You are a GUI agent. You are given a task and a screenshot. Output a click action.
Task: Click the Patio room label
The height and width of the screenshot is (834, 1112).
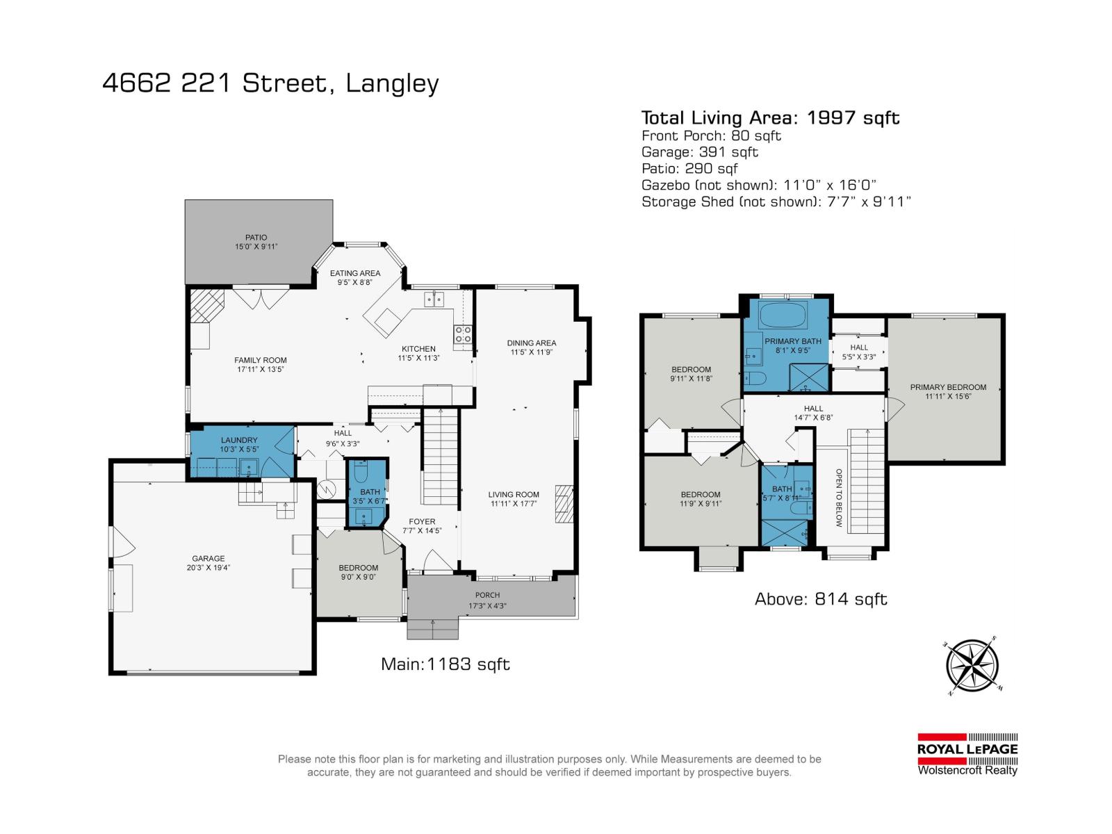[256, 238]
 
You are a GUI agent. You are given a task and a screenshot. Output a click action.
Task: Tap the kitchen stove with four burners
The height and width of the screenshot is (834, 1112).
[464, 334]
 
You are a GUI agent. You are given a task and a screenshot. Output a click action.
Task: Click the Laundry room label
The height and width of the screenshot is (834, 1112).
[239, 440]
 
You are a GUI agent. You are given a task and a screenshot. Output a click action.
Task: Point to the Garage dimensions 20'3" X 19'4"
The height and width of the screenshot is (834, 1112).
[208, 567]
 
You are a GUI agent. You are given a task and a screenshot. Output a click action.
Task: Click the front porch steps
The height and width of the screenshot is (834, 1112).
[433, 629]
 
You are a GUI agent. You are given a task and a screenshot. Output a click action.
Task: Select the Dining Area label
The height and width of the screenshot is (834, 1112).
[531, 343]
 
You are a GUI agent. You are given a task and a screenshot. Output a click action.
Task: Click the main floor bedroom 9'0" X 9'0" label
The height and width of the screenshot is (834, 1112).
[359, 568]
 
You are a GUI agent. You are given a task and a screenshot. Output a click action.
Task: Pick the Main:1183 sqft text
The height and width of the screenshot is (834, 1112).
[445, 664]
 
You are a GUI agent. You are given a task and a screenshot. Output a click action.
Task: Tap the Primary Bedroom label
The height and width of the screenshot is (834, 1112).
[948, 387]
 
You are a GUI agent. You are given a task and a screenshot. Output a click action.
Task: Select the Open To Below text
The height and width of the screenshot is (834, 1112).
[839, 498]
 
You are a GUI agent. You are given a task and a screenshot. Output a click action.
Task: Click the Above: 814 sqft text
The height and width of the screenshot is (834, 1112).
[821, 599]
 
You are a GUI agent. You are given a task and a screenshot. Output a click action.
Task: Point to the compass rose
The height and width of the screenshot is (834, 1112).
[972, 666]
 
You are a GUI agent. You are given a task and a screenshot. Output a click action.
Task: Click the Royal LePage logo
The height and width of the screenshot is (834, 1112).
[967, 754]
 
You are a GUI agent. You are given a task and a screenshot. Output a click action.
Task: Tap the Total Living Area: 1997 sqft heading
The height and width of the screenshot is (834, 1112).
[770, 117]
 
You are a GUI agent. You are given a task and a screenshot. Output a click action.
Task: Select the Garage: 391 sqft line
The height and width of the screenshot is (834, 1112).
[699, 152]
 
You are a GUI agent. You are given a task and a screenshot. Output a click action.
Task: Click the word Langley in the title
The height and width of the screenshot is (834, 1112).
[393, 83]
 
